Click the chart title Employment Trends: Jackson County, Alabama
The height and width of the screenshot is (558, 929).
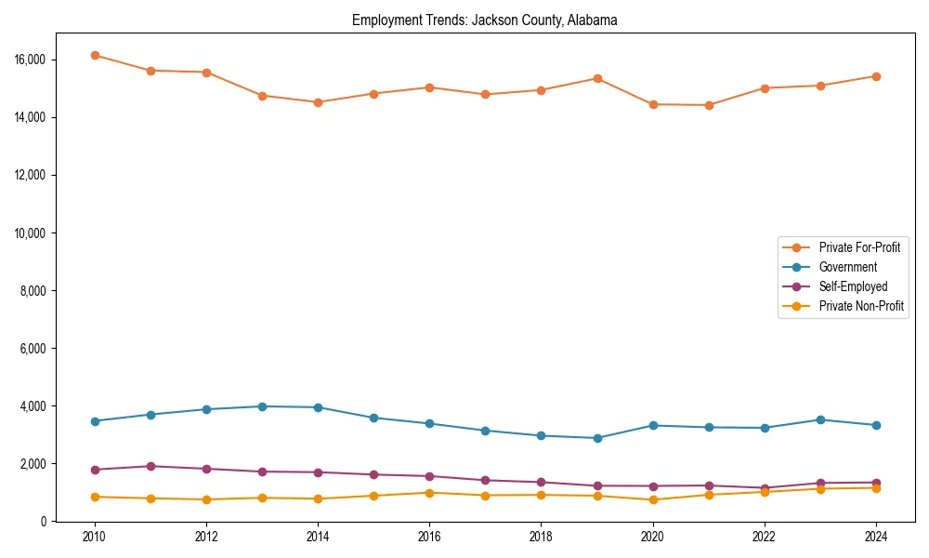pyautogui.click(x=484, y=20)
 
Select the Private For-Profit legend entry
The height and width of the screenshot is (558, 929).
pyautogui.click(x=858, y=247)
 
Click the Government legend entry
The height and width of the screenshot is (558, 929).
pyautogui.click(x=847, y=267)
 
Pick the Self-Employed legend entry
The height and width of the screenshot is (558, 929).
pyautogui.click(x=853, y=286)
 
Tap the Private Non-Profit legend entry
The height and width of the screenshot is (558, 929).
pyautogui.click(x=861, y=306)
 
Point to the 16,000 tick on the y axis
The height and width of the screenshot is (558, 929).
pyautogui.click(x=31, y=60)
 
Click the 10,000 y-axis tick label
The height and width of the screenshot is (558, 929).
pyautogui.click(x=31, y=232)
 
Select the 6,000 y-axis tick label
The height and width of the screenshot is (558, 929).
pyautogui.click(x=33, y=349)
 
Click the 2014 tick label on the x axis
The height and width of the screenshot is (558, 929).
pyautogui.click(x=318, y=537)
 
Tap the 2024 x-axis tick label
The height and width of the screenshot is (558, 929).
pyautogui.click(x=876, y=537)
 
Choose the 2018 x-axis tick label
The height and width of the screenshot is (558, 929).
pyautogui.click(x=541, y=537)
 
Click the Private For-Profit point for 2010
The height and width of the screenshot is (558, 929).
pyautogui.click(x=95, y=55)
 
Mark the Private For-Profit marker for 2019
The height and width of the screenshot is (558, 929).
pyautogui.click(x=597, y=78)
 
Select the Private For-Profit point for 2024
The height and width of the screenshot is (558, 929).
pyautogui.click(x=876, y=76)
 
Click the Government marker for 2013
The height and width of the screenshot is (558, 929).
pyautogui.click(x=262, y=406)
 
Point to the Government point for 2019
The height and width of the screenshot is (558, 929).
pyautogui.click(x=597, y=438)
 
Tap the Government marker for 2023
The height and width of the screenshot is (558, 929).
pyautogui.click(x=820, y=419)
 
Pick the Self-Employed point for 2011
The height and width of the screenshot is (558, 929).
pyautogui.click(x=150, y=466)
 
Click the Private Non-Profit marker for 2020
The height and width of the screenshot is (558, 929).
pyautogui.click(x=653, y=500)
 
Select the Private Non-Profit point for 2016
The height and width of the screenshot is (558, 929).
pyautogui.click(x=429, y=493)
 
